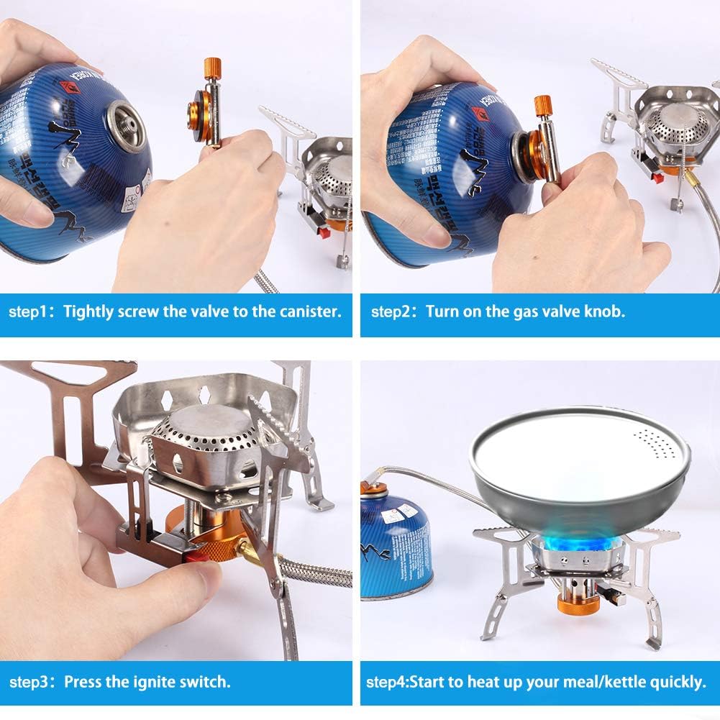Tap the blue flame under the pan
pyautogui.click(x=575, y=547)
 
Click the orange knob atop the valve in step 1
pyautogui.click(x=212, y=68)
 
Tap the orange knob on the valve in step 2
pyautogui.click(x=542, y=104)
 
